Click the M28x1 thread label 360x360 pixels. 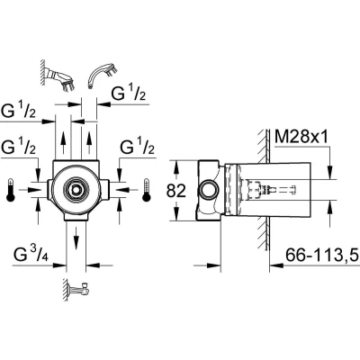[x=301, y=137]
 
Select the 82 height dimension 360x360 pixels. [x=176, y=191]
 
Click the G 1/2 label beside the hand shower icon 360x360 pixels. [x=129, y=94]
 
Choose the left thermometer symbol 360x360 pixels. [x=11, y=190]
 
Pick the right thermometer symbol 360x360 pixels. [x=147, y=190]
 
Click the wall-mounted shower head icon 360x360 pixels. [x=57, y=76]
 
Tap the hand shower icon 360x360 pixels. [x=102, y=75]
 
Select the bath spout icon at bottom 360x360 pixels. [x=76, y=291]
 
